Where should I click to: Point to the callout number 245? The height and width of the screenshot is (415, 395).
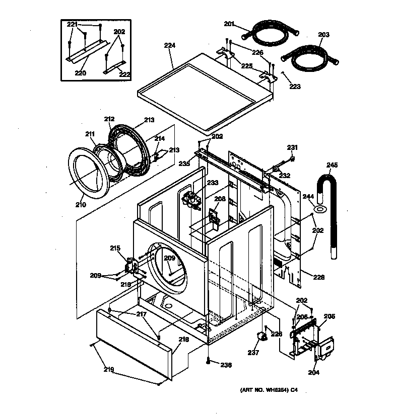332,164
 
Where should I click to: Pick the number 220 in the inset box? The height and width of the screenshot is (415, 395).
81,72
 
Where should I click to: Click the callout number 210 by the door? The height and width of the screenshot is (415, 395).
80,204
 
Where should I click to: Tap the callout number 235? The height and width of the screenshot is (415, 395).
184,163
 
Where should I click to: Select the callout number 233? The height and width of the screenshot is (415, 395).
199,183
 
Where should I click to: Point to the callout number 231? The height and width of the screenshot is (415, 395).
292,147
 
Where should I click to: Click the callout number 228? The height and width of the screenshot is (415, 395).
318,277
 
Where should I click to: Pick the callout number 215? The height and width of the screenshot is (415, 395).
115,247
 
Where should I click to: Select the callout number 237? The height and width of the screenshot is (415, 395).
253,353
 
